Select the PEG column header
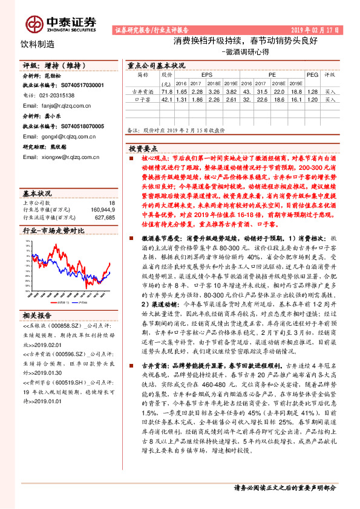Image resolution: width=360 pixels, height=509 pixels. [x=312, y=75]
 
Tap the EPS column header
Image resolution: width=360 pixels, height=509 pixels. [x=198, y=75]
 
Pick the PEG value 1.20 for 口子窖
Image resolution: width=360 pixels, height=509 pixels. [x=312, y=99]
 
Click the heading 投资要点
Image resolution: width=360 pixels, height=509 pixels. [x=143, y=148]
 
